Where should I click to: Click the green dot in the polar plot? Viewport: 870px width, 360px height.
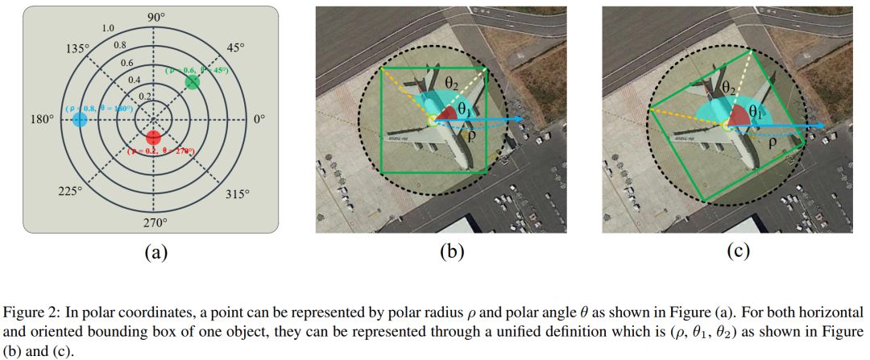pos(192,82)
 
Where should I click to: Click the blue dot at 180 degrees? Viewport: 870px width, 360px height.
pos(79,120)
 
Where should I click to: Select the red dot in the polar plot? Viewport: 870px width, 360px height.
pos(154,135)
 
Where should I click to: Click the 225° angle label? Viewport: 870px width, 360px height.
pos(70,191)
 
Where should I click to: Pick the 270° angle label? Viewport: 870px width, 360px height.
pos(154,222)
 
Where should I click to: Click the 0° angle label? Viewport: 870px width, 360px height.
pos(259,120)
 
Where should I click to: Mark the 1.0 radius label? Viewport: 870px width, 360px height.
pos(108,29)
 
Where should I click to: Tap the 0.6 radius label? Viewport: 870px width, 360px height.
pos(126,63)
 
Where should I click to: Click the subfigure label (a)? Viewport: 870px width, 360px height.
pos(155,252)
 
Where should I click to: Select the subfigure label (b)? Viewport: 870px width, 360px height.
pos(452,252)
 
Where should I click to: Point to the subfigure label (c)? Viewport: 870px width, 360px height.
pos(738,252)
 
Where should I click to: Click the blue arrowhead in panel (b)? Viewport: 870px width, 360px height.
pos(520,120)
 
